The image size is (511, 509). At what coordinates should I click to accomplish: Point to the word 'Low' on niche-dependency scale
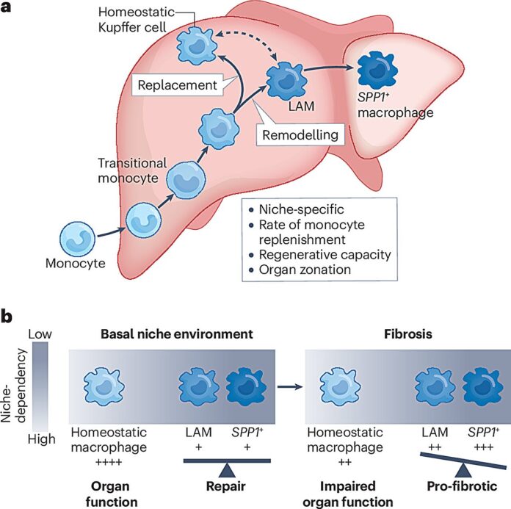coord(41,335)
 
